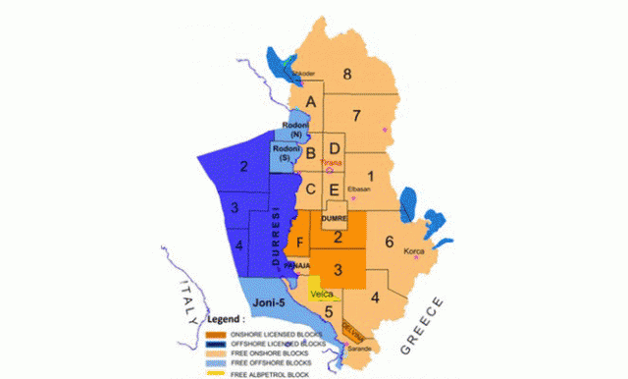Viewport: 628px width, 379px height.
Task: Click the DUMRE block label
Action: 335,217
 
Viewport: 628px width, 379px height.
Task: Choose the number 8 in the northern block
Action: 347,74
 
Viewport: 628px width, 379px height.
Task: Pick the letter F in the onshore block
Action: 299,242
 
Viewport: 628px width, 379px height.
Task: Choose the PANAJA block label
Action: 296,266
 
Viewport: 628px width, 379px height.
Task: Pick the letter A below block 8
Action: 311,102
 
